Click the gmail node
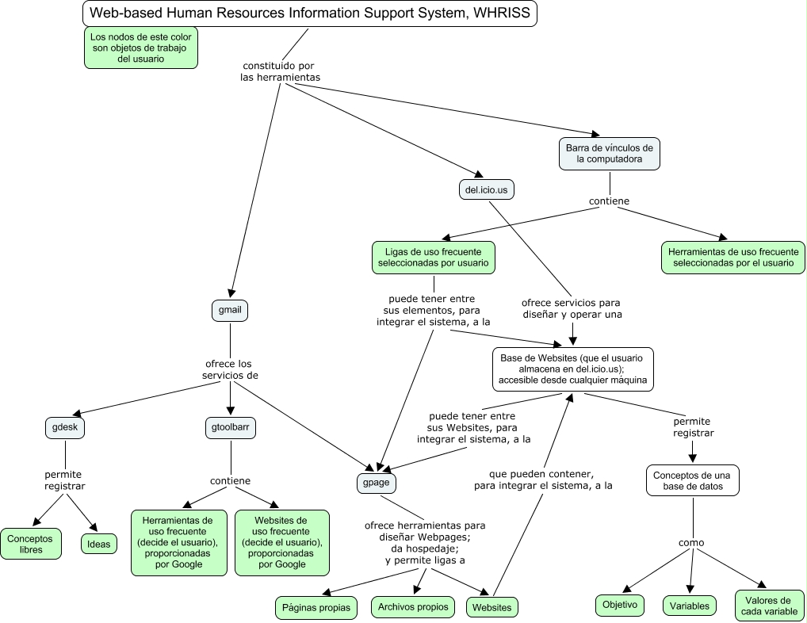point(229,310)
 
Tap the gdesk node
point(65,428)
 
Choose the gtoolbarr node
point(231,428)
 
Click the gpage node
point(376,482)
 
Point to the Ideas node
point(98,544)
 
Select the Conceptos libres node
point(31,544)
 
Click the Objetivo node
point(620,605)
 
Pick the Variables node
point(689,606)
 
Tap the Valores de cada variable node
point(770,606)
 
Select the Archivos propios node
point(412,607)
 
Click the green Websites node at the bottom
point(491,608)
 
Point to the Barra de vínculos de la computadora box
point(609,153)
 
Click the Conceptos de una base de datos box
point(693,480)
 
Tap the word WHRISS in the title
point(502,13)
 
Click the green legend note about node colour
point(140,48)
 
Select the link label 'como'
point(691,543)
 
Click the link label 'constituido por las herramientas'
point(280,71)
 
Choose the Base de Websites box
point(573,369)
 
